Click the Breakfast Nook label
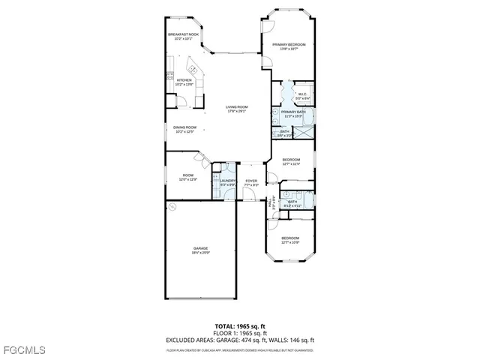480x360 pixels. click(183, 36)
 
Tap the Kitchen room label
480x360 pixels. click(184, 82)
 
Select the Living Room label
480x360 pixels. click(237, 109)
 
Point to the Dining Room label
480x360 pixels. click(184, 129)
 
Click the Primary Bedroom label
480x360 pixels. click(289, 46)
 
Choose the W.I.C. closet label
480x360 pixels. click(302, 96)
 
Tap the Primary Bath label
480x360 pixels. click(292, 114)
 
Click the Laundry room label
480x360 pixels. click(228, 182)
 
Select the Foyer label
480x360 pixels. click(251, 182)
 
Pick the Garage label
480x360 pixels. click(200, 250)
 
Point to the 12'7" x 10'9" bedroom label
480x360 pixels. click(290, 240)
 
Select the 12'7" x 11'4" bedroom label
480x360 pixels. click(291, 161)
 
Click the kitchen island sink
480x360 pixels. click(193, 65)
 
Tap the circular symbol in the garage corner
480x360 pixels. click(171, 205)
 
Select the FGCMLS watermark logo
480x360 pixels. click(24, 350)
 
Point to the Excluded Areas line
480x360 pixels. click(240, 339)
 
